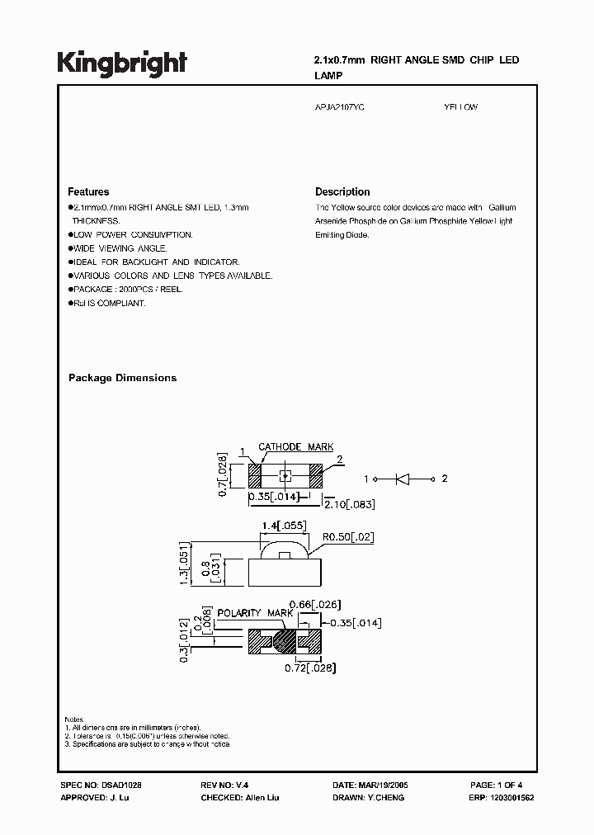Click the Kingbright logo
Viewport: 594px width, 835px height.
coord(122,64)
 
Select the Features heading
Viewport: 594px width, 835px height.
coord(88,191)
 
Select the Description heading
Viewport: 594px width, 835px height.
coord(342,191)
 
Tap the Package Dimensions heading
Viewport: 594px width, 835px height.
coord(122,378)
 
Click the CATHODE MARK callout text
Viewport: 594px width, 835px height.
coord(295,447)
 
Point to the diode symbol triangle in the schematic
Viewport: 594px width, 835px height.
coord(404,479)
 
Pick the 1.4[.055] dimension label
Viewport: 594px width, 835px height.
coord(283,526)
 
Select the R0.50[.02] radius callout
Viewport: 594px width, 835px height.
coord(348,537)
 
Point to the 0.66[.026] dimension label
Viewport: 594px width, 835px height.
coord(318,605)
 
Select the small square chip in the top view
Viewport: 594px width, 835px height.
coord(285,475)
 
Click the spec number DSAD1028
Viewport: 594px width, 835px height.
coord(128,786)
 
